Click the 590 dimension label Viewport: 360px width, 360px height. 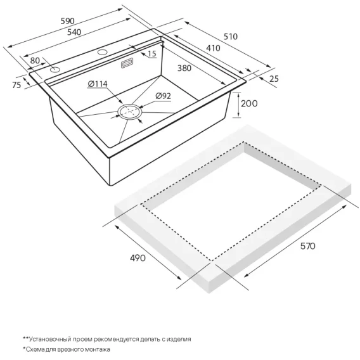click(x=67, y=21)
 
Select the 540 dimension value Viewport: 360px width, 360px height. click(x=74, y=32)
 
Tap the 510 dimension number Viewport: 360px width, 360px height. click(x=231, y=37)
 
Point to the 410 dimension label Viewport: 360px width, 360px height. click(x=213, y=48)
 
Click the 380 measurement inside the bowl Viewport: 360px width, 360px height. click(x=184, y=68)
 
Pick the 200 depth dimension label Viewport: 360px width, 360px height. click(x=249, y=103)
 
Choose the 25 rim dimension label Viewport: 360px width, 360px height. click(x=274, y=79)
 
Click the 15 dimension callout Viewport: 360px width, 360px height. click(x=151, y=54)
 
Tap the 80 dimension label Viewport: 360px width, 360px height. click(x=35, y=61)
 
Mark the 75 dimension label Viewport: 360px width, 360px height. click(x=16, y=85)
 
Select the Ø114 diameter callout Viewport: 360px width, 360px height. click(x=98, y=84)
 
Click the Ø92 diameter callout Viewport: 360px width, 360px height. click(x=163, y=96)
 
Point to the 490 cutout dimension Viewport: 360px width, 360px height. click(x=138, y=258)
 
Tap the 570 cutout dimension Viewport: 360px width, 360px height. click(x=307, y=246)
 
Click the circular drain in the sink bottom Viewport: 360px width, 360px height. click(x=130, y=112)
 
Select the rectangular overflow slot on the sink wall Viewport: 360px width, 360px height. click(x=127, y=63)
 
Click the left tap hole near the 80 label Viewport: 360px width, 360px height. click(x=55, y=70)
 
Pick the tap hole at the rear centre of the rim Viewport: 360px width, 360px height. click(x=103, y=52)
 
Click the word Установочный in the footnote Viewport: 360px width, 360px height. click(x=50, y=339)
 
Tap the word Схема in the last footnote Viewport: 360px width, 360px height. click(x=34, y=350)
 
